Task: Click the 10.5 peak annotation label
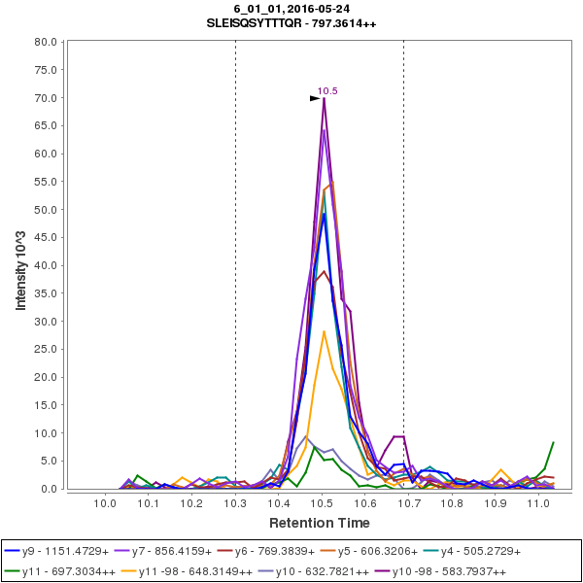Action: pos(327,90)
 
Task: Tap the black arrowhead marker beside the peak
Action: pos(314,98)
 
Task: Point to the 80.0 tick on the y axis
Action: pos(45,42)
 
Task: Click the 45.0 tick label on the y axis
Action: pos(45,237)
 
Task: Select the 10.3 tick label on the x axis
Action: pos(235,503)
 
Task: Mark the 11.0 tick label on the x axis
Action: pos(537,503)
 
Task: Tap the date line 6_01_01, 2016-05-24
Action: pos(298,9)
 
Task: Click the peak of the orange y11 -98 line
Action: pos(324,331)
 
